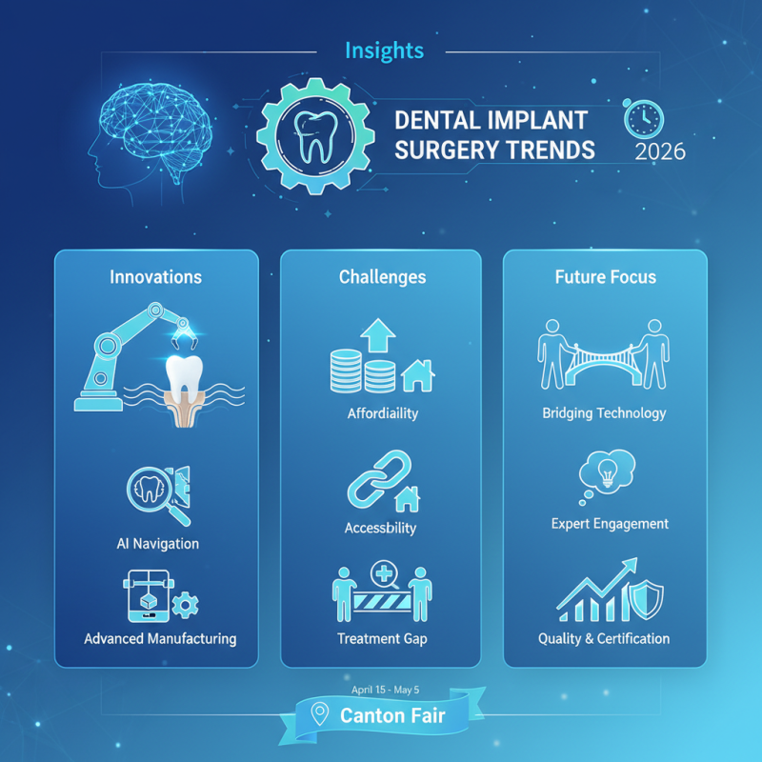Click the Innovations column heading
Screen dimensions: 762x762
pos(155,277)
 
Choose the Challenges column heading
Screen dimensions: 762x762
pos(382,277)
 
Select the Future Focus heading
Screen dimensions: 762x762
pos(605,277)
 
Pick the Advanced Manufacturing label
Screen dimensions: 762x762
pos(159,638)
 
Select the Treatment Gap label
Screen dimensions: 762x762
pos(381,638)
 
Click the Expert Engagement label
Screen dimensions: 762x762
pos(610,524)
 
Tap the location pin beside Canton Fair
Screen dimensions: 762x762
pos(320,714)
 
